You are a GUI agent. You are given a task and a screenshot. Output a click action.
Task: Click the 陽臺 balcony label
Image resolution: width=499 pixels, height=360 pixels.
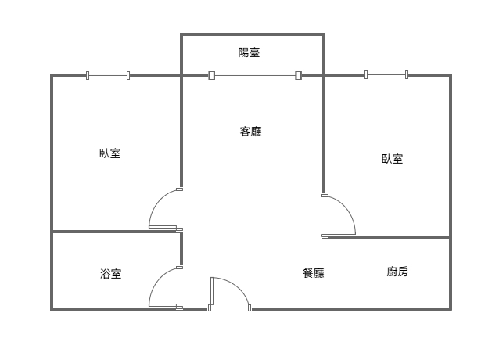(249, 53)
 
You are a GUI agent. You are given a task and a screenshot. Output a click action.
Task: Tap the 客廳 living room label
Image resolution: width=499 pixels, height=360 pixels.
(250, 131)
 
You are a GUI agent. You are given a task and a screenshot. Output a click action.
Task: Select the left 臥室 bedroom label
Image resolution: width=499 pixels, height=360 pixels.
(109, 153)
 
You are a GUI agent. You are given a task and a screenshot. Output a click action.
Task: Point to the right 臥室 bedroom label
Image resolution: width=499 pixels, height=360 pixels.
(392, 159)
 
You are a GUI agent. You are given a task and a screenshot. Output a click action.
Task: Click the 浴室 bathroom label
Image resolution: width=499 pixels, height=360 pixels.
(110, 274)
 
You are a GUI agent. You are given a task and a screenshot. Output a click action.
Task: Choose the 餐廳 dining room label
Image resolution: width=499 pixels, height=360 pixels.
(313, 273)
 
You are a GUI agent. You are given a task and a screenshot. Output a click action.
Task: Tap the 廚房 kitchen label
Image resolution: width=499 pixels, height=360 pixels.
(397, 272)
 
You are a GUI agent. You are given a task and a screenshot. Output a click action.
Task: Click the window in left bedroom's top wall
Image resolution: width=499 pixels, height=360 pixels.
(108, 75)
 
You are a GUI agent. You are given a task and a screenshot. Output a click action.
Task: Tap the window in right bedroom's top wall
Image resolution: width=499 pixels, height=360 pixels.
(386, 75)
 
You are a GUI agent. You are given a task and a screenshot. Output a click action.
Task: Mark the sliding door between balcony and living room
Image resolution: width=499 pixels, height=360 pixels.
(255, 75)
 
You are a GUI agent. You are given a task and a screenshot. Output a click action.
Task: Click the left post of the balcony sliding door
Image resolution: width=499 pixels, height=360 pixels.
(211, 75)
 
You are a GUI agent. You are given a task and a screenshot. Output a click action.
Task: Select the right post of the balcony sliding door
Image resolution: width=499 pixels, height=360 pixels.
(298, 75)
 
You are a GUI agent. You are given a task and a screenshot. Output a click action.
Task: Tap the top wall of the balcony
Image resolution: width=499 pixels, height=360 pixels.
(252, 34)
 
